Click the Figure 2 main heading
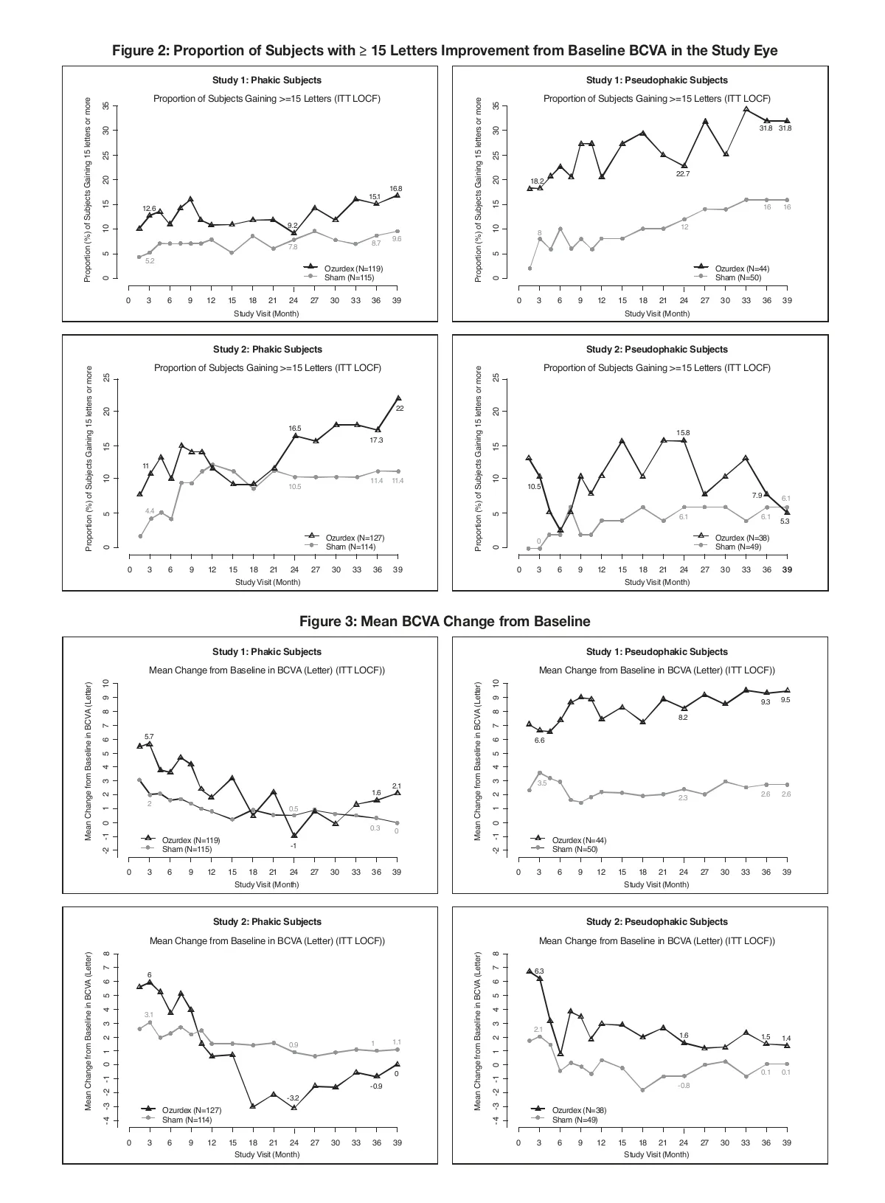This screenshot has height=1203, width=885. click(444, 50)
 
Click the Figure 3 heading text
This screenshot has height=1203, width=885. click(444, 621)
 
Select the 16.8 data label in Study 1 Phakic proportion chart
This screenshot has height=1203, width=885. click(396, 189)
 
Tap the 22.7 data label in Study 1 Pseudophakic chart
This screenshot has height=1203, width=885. click(683, 174)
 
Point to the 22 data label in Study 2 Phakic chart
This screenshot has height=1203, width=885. click(400, 408)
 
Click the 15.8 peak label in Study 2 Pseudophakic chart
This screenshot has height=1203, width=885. click(683, 432)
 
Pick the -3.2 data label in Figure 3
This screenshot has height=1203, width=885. click(294, 1098)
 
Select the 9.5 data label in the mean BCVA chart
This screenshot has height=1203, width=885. click(785, 700)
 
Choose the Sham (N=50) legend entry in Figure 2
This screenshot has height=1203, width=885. click(737, 277)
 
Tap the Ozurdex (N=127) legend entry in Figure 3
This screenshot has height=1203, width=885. click(192, 1110)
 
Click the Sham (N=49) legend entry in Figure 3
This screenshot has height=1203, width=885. click(575, 1120)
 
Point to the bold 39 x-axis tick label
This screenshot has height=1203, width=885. click(787, 569)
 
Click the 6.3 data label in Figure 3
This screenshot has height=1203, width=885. click(539, 971)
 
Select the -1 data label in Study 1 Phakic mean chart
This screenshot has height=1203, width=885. click(293, 846)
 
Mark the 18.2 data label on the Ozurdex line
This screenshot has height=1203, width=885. click(537, 181)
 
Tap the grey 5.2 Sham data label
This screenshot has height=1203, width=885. click(150, 261)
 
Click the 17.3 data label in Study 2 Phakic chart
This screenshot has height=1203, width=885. click(376, 440)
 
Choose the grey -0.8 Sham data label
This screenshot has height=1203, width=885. click(684, 1086)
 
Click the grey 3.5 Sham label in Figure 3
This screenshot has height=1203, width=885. click(542, 783)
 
